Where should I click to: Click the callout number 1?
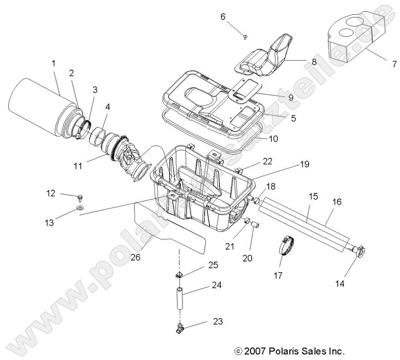(x=53, y=62)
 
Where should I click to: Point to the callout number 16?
(x=337, y=188)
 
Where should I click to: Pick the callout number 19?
(x=305, y=164)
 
